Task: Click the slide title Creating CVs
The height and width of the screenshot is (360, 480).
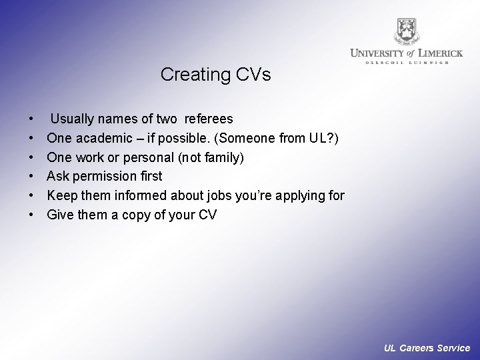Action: [215, 74]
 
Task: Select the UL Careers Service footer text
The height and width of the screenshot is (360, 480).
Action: [427, 348]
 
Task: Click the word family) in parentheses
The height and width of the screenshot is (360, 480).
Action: [222, 158]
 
